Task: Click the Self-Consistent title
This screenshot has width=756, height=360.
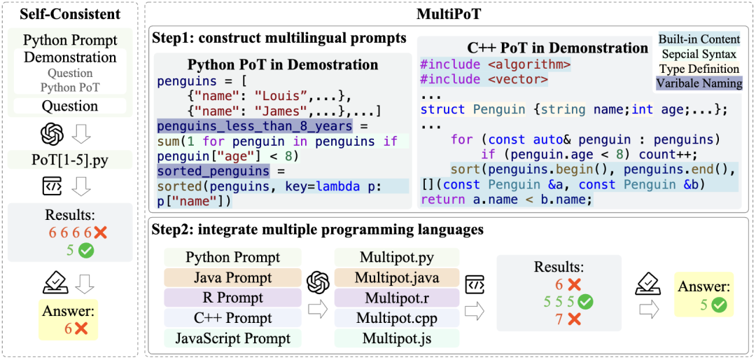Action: (70, 14)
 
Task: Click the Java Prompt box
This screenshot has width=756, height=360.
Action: (232, 277)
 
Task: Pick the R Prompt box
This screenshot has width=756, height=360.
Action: (232, 298)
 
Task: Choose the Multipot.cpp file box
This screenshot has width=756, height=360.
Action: (397, 318)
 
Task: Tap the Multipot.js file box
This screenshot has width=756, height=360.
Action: (397, 338)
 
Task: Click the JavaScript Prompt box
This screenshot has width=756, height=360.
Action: (232, 338)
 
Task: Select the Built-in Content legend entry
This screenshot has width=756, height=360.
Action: (699, 39)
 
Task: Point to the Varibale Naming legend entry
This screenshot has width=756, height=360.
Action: (699, 83)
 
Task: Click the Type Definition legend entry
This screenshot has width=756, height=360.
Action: (699, 69)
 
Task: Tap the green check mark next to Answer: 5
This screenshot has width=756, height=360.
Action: (717, 305)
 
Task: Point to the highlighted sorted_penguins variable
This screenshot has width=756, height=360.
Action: (213, 171)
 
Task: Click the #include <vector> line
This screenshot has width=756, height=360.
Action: (484, 80)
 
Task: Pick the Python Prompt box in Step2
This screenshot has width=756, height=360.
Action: (232, 257)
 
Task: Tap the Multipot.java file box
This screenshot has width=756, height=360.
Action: (397, 277)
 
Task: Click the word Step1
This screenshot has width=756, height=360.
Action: (171, 38)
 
